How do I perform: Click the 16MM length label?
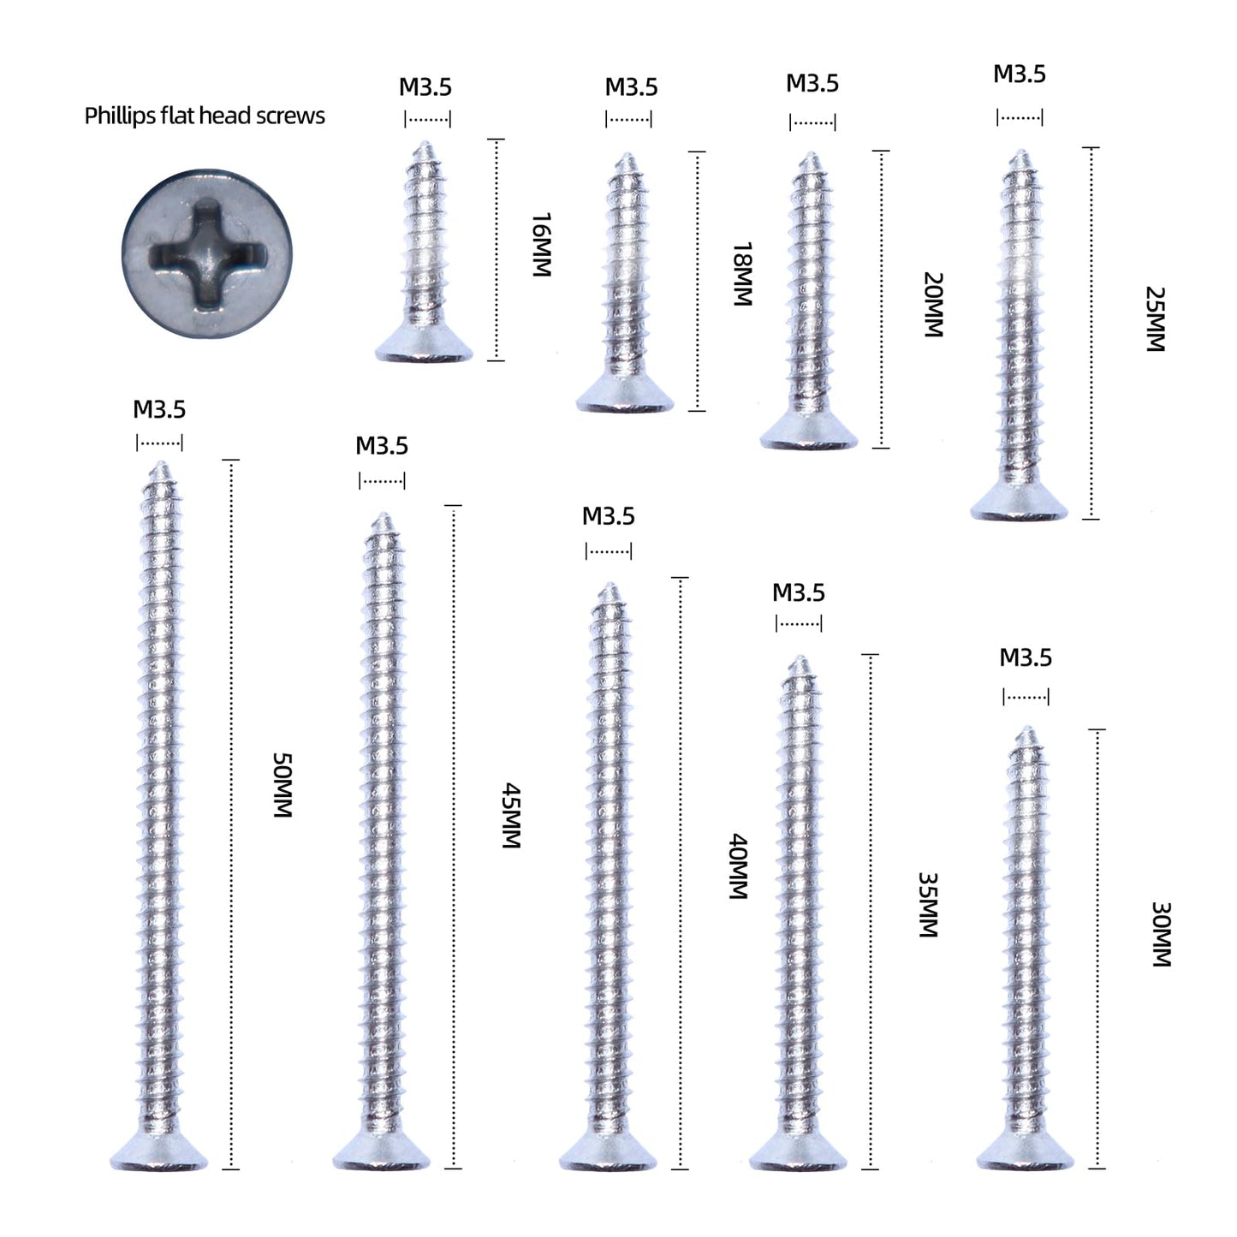tap(541, 244)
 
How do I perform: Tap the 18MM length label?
tap(742, 274)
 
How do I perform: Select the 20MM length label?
tap(933, 305)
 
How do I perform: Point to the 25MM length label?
tap(1156, 319)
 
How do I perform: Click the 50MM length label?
tap(283, 785)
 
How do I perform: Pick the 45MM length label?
tap(511, 815)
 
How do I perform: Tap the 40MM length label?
tap(739, 866)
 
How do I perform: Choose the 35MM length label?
tap(929, 905)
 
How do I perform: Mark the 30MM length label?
tap(1160, 934)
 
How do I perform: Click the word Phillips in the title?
tap(119, 116)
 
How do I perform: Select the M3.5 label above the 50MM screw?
tap(159, 409)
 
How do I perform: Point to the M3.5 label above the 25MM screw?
tap(1020, 74)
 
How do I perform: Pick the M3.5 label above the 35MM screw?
tap(799, 592)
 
